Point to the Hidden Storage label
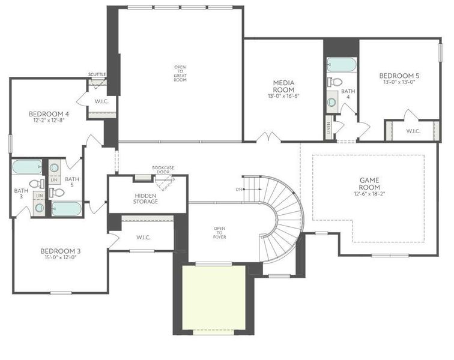pyautogui.click(x=146, y=199)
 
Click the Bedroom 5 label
pyautogui.click(x=399, y=76)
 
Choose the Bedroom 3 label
pyautogui.click(x=61, y=251)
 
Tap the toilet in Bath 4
pyautogui.click(x=336, y=82)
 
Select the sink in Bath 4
pyautogui.click(x=332, y=101)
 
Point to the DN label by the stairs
pyautogui.click(x=239, y=189)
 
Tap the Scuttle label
pyautogui.click(x=97, y=74)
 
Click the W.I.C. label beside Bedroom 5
pyautogui.click(x=413, y=131)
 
